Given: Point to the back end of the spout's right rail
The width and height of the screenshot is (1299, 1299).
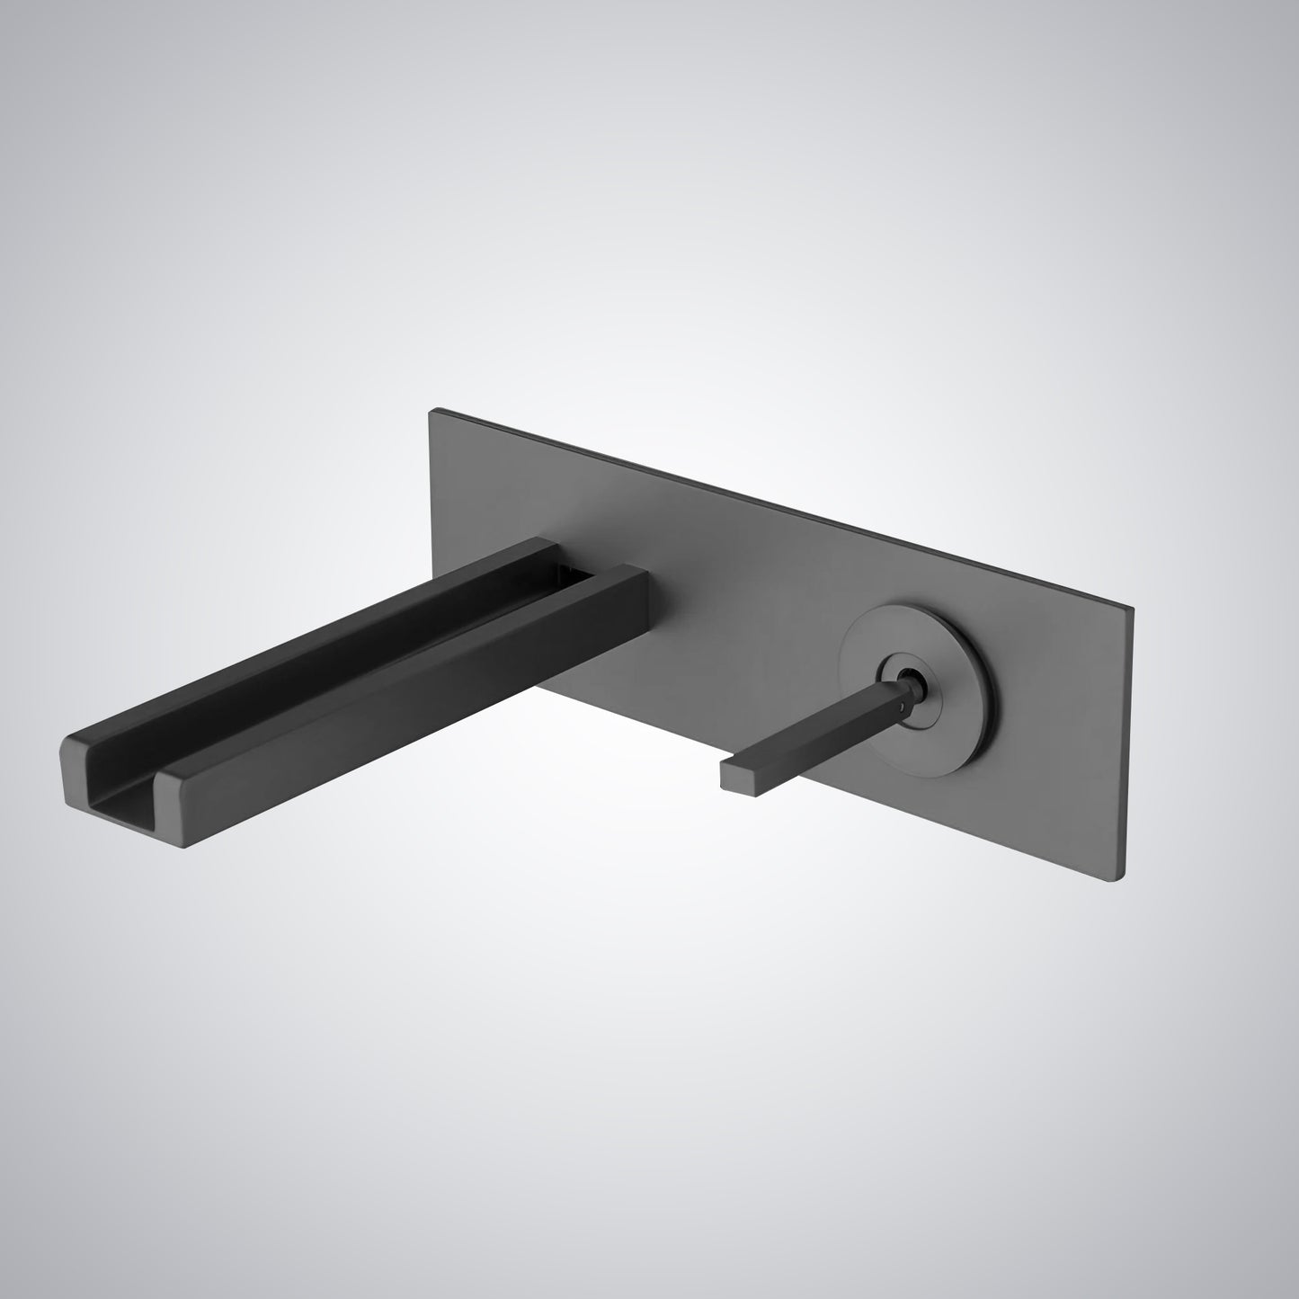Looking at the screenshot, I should tap(629, 575).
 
